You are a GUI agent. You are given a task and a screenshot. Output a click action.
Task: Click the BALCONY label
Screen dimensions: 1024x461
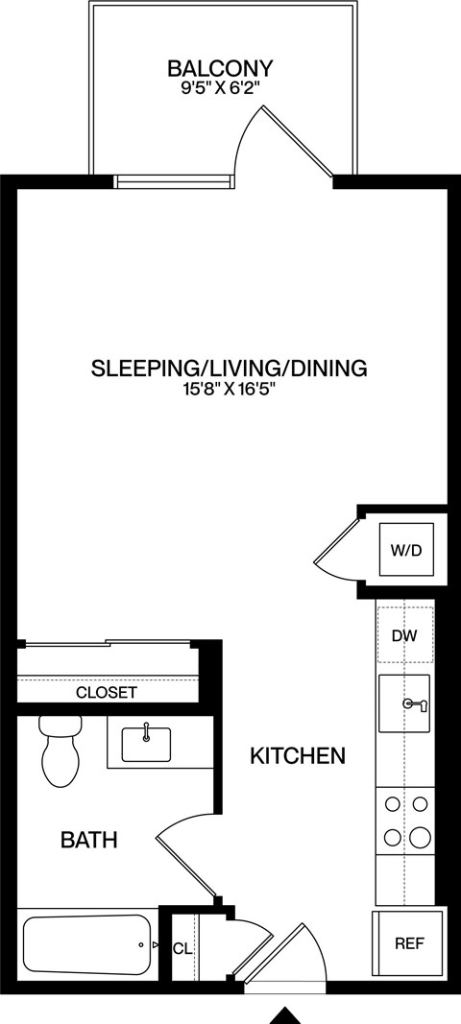(x=220, y=68)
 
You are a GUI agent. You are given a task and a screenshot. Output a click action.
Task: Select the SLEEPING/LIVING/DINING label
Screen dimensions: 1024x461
(x=230, y=368)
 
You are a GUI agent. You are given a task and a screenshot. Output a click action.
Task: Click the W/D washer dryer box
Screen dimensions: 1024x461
(x=405, y=550)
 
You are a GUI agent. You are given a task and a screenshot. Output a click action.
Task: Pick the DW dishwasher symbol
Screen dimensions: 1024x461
(x=405, y=634)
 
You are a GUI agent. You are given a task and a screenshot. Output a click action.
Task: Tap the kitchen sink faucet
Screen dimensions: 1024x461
(x=415, y=704)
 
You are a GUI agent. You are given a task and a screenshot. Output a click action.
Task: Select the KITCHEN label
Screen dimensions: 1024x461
(x=297, y=756)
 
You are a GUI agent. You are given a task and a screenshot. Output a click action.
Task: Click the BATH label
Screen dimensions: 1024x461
(x=88, y=841)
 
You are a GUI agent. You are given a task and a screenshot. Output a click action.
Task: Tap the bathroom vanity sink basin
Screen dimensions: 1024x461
(x=146, y=743)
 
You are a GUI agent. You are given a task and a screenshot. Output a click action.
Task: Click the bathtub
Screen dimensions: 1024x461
(x=87, y=945)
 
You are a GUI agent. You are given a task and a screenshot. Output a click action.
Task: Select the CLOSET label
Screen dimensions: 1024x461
(x=106, y=692)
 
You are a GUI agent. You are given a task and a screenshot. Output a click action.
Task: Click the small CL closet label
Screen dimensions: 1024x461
(x=182, y=948)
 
